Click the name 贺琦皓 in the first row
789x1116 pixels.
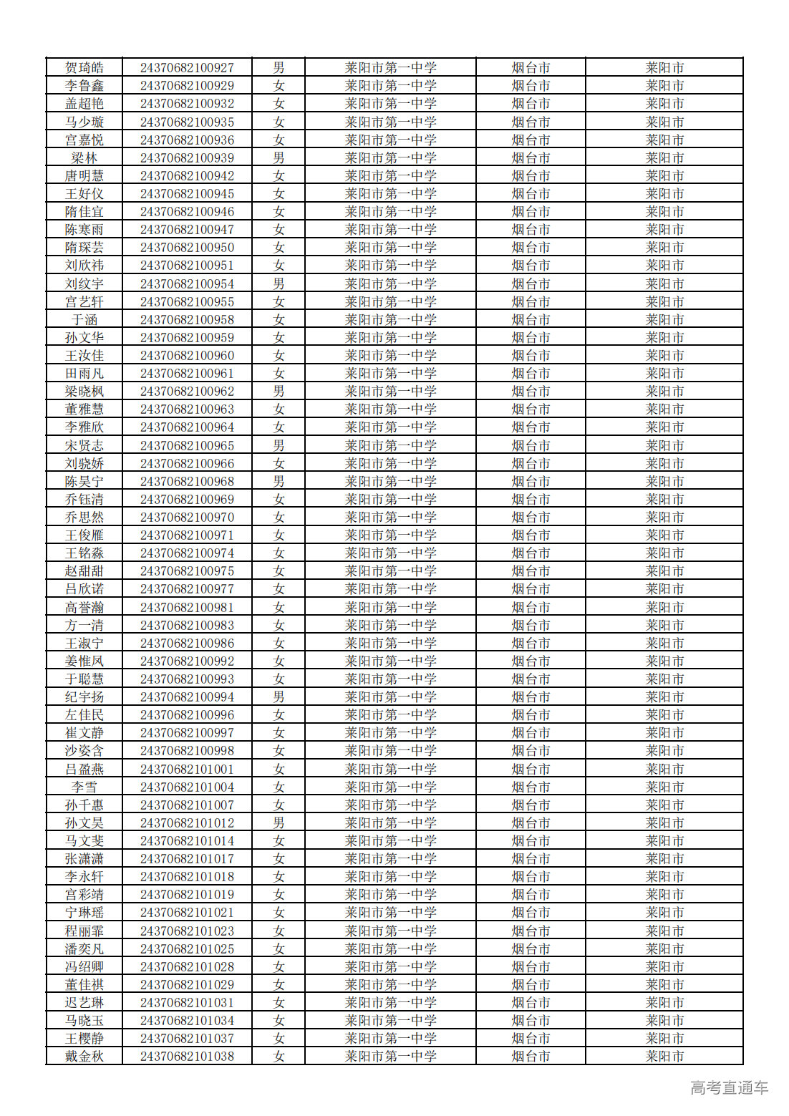pyautogui.click(x=84, y=68)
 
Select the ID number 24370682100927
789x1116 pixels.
pyautogui.click(x=187, y=68)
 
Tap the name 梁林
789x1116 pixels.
pyautogui.click(x=84, y=158)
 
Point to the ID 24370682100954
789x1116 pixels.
pyautogui.click(x=187, y=284)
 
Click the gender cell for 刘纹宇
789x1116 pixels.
pyautogui.click(x=279, y=284)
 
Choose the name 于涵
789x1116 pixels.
pyautogui.click(x=84, y=320)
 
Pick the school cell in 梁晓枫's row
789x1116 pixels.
pyautogui.click(x=390, y=392)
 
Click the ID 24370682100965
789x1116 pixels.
pyautogui.click(x=187, y=445)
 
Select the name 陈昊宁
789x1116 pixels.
pyautogui.click(x=84, y=482)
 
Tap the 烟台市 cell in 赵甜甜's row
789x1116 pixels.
pyautogui.click(x=531, y=571)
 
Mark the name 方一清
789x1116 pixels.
pyautogui.click(x=84, y=625)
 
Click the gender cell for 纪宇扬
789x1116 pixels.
pyautogui.click(x=279, y=697)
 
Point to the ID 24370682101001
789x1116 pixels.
pyautogui.click(x=187, y=770)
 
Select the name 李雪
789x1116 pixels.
pyautogui.click(x=84, y=787)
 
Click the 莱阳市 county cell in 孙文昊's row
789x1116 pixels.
pyautogui.click(x=664, y=823)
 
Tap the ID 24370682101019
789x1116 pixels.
pyautogui.click(x=187, y=895)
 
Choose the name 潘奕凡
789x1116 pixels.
pyautogui.click(x=84, y=949)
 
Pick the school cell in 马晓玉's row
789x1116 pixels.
pyautogui.click(x=390, y=1021)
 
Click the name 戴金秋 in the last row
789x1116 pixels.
pyautogui.click(x=84, y=1057)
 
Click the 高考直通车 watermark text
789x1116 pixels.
pyautogui.click(x=729, y=1088)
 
